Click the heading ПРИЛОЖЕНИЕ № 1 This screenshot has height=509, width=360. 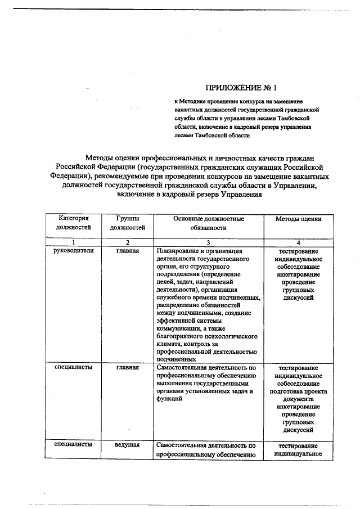(x=241, y=88)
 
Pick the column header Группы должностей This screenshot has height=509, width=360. (x=128, y=223)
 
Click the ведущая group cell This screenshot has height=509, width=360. (x=128, y=445)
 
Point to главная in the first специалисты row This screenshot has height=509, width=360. (x=128, y=367)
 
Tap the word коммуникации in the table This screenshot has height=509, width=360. (x=179, y=328)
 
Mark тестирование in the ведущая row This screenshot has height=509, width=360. (x=298, y=445)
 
